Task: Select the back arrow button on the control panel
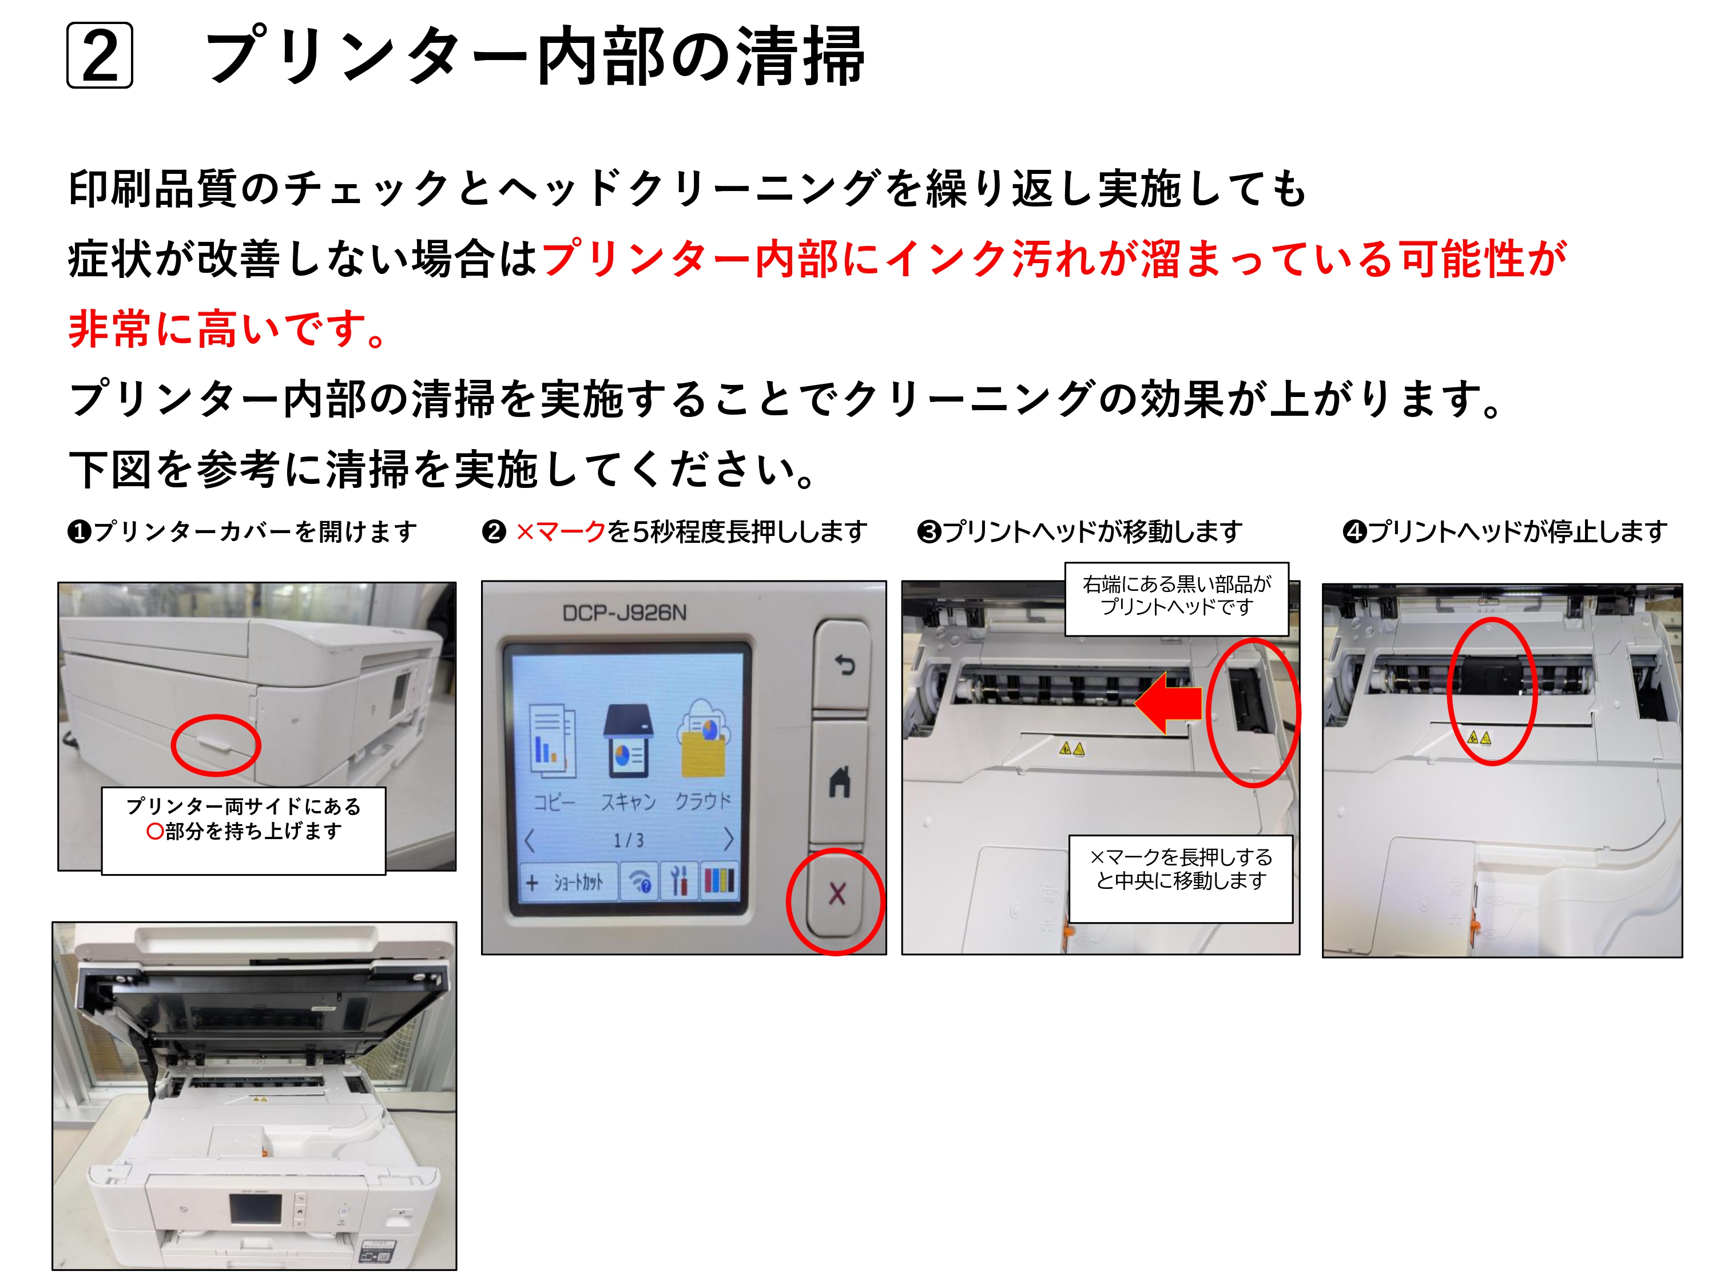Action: click(x=843, y=665)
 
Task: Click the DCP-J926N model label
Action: click(x=625, y=613)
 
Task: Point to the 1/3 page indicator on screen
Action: click(x=629, y=840)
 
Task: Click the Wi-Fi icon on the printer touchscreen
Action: click(x=641, y=881)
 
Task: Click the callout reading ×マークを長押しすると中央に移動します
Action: click(x=1181, y=878)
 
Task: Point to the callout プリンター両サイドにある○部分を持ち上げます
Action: click(x=244, y=830)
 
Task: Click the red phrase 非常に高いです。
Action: click(x=227, y=328)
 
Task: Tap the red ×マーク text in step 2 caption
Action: click(x=560, y=532)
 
